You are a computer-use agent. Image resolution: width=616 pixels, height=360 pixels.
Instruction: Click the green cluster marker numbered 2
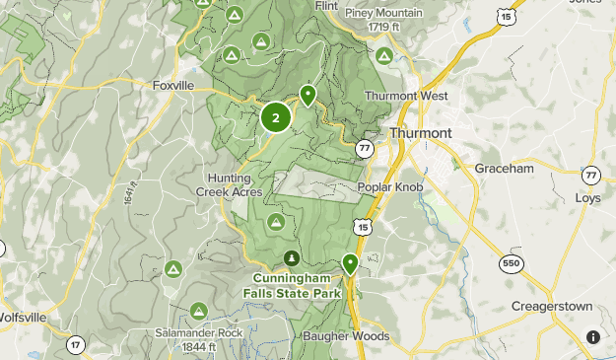(275, 117)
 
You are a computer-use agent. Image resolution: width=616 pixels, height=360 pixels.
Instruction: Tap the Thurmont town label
(421, 133)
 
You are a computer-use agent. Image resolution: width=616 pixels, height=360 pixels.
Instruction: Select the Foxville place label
(173, 86)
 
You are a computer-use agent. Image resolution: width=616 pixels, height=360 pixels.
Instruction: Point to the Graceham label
(503, 169)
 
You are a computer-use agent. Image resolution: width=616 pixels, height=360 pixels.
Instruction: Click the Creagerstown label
(552, 307)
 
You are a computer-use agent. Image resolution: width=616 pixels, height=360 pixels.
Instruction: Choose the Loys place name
(587, 197)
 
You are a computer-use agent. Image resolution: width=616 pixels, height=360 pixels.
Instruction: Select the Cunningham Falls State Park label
(292, 285)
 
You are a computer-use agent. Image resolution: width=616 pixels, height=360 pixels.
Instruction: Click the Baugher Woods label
(345, 336)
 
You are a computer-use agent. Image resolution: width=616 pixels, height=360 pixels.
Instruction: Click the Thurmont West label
(406, 96)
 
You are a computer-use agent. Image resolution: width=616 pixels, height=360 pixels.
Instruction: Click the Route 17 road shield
(75, 345)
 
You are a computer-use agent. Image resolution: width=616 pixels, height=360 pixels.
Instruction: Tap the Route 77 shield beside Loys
(590, 175)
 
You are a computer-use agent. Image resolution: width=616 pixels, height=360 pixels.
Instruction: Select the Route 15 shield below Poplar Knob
(364, 228)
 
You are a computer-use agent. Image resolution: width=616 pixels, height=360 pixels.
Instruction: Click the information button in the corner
(592, 336)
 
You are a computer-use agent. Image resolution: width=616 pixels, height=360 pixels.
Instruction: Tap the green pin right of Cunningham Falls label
(350, 263)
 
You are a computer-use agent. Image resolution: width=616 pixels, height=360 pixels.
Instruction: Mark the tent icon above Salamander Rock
(198, 312)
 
